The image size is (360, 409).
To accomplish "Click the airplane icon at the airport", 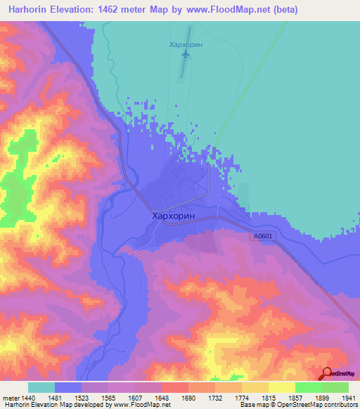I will [186, 54].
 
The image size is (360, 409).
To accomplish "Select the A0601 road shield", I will [261, 238].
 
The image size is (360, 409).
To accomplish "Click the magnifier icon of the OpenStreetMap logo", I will [326, 374].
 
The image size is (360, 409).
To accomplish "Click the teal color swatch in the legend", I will [41, 387].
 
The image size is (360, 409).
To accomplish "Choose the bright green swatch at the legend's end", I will [335, 387].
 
